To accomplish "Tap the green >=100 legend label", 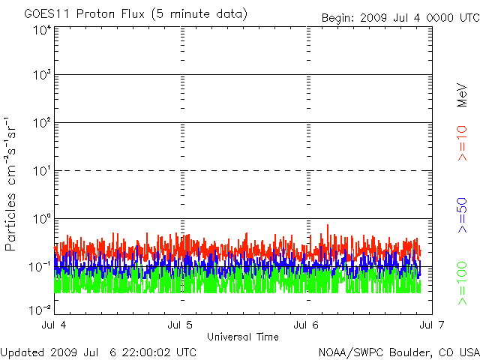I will pos(463,283).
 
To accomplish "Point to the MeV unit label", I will pos(463,94).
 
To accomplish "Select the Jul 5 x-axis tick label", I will pos(181,325).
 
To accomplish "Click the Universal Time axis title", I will pos(243,337).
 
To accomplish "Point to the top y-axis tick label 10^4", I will pos(42,31).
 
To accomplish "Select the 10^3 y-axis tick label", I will pos(42,76).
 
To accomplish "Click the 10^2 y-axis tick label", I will pos(42,123).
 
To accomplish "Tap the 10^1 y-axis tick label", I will pos(42,171).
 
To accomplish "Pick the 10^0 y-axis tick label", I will pos(42,219).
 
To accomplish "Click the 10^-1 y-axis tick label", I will pos(40,266).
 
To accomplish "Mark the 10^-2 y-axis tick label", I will pos(40,309).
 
